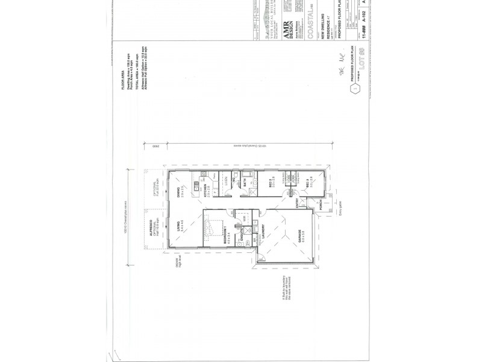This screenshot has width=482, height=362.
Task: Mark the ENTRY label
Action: pyautogui.click(x=296, y=206)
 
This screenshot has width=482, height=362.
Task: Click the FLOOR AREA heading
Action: pyautogui.click(x=122, y=80)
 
